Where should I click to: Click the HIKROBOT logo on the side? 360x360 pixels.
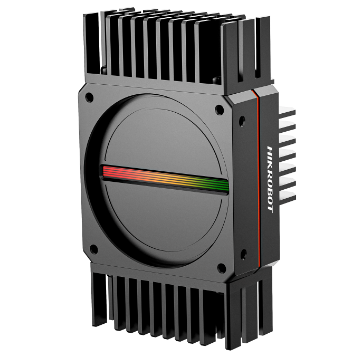tap(270, 179)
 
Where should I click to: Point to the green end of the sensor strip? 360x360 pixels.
tap(222, 186)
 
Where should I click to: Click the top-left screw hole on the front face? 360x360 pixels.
tap(89, 98)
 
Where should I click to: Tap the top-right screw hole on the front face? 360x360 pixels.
tap(219, 110)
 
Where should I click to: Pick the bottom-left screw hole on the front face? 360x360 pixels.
tap(94, 249)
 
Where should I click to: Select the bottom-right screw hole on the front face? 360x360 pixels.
tap(222, 268)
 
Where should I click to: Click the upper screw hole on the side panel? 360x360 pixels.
tap(242, 121)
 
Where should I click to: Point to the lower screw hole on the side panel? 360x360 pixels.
tap(244, 255)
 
